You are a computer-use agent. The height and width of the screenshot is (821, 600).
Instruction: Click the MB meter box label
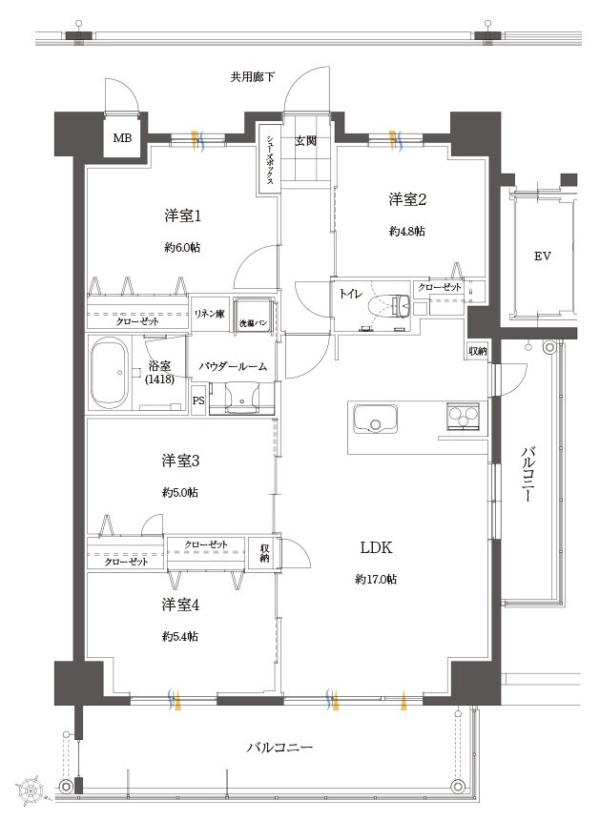point(123,138)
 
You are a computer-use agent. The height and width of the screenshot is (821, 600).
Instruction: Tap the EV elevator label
point(543,257)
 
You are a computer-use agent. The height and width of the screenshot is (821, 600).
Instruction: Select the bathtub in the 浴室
point(110,372)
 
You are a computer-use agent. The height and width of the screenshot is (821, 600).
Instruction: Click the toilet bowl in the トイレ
point(390,305)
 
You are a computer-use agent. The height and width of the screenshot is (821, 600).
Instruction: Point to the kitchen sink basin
point(375,419)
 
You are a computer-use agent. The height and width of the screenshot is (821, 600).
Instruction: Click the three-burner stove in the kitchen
point(463,417)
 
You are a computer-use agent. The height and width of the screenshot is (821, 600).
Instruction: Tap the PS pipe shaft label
point(198,401)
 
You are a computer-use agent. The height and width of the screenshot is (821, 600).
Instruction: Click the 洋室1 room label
point(183,216)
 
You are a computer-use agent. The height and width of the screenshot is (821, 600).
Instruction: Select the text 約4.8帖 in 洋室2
point(407,231)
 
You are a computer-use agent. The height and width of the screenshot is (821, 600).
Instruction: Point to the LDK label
point(376,547)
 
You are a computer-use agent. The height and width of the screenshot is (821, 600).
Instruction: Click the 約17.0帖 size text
point(376,579)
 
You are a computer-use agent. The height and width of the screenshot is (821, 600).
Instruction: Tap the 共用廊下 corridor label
point(252,77)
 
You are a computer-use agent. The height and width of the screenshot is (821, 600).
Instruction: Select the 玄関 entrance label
point(305,140)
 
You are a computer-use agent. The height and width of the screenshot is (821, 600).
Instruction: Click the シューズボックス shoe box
point(269,159)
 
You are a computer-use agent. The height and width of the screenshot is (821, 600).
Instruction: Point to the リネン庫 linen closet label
point(210,314)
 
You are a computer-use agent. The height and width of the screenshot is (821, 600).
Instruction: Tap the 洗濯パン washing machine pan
point(254,315)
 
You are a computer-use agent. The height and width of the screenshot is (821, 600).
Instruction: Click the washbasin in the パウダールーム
point(241,398)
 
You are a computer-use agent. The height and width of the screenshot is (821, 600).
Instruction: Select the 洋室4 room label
point(180,605)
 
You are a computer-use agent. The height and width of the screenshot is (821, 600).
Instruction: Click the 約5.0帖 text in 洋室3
point(180,493)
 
